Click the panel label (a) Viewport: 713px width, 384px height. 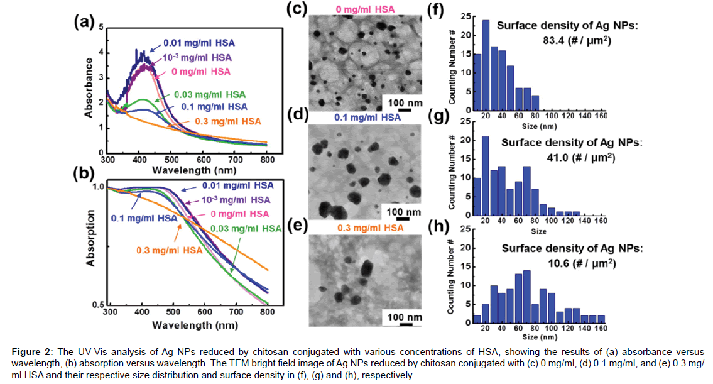[x=84, y=23]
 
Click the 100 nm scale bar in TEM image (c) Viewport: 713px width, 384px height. [x=405, y=109]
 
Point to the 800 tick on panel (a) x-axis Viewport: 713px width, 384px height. [x=268, y=162]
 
